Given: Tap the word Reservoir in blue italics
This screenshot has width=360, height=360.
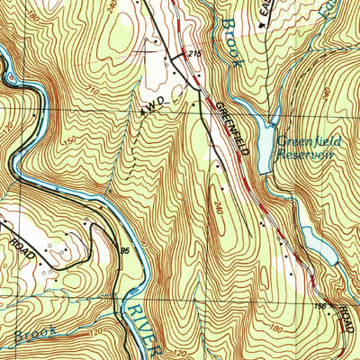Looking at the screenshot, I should click(x=310, y=154).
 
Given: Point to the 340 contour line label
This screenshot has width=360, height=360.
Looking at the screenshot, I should click(x=220, y=208).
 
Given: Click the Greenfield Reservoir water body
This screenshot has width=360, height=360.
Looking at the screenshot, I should click(x=264, y=139).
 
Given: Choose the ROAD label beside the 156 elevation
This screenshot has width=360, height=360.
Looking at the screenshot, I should click(x=344, y=319).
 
